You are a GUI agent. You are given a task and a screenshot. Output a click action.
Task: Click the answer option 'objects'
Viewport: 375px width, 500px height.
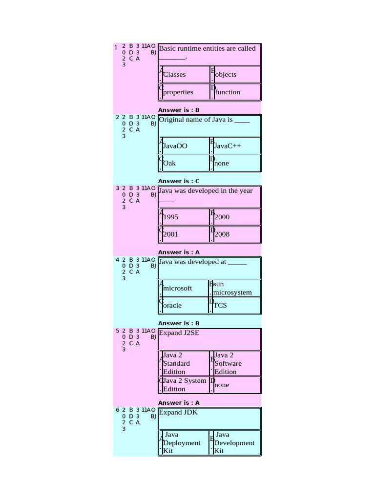(x=225, y=75)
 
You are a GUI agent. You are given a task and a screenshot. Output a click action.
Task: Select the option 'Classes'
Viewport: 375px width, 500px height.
(x=174, y=75)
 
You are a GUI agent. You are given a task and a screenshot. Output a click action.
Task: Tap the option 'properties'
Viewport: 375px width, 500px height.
(x=178, y=92)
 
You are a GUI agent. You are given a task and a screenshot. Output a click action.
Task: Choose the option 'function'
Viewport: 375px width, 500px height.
(x=227, y=92)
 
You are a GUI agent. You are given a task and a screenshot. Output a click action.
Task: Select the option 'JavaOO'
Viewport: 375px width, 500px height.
(x=175, y=146)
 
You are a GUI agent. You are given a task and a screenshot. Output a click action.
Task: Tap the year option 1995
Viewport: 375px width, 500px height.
(x=170, y=217)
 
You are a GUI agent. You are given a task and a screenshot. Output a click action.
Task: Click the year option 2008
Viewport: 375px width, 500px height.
(x=222, y=234)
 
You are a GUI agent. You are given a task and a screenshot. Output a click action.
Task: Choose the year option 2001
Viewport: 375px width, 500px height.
(x=170, y=234)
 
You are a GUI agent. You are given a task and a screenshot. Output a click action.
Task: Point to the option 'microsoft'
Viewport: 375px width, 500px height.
(x=177, y=288)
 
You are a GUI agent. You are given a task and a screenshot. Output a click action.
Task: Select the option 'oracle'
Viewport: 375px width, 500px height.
(x=172, y=306)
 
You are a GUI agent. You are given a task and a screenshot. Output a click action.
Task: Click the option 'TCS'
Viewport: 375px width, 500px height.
(x=220, y=306)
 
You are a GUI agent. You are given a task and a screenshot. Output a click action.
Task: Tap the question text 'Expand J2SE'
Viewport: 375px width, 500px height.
(x=179, y=333)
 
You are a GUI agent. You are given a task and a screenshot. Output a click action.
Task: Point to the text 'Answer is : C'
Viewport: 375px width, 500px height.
(x=179, y=181)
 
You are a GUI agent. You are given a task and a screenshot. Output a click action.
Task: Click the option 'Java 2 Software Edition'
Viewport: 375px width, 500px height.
(x=228, y=364)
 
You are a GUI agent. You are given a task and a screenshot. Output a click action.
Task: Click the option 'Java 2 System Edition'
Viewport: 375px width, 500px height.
(x=184, y=385)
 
